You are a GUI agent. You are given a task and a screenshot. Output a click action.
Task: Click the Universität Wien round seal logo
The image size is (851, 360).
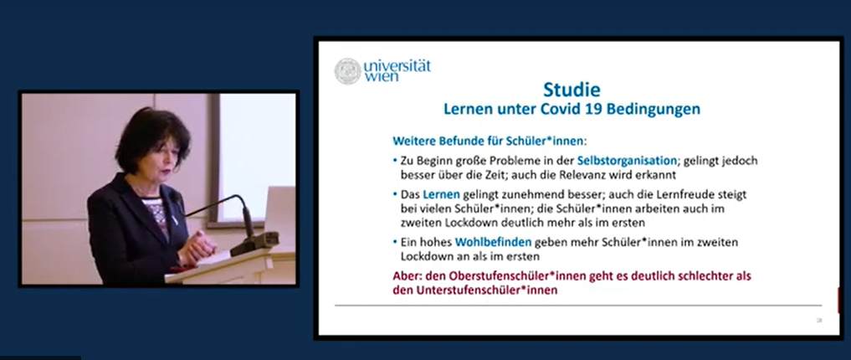point(347,71)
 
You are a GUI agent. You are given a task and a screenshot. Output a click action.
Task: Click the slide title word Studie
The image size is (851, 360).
point(572,89)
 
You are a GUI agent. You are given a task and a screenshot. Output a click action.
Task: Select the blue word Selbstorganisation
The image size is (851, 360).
point(627,161)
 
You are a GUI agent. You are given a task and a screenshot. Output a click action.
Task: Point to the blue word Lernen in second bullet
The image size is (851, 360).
point(441,194)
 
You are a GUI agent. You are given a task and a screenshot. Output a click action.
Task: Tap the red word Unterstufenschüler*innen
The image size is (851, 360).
point(487,291)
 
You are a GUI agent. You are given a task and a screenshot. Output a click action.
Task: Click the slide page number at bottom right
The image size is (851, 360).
point(819,321)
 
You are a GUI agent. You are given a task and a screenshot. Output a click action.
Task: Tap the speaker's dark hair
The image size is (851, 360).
point(152,136)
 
